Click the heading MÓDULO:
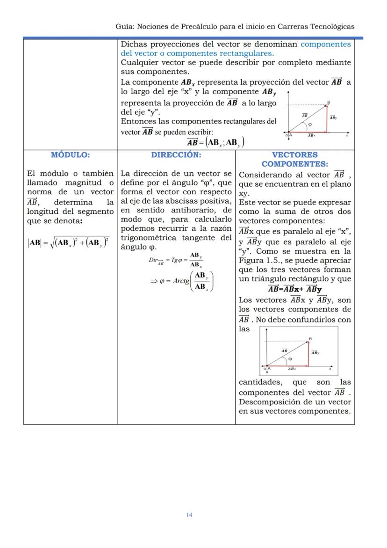coord(70,155)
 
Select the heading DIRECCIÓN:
coord(176,155)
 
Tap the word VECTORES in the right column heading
coord(294,155)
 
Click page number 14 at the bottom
coord(189,515)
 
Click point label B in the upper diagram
coord(328,102)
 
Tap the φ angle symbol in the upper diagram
coord(310,124)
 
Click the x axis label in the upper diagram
coord(347,136)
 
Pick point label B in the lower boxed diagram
coord(310,339)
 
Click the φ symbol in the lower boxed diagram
coord(290,359)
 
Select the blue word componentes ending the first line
coord(326,44)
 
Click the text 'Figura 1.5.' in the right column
coord(257,260)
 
